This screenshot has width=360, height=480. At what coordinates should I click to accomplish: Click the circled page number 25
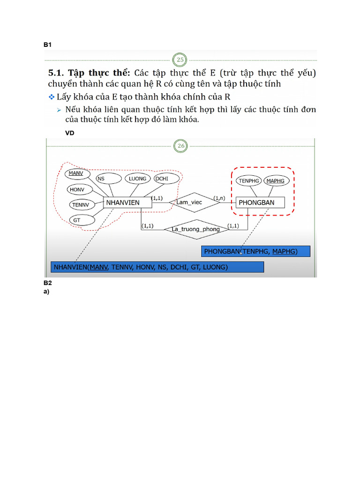180,60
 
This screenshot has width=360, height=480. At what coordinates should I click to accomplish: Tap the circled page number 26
180,146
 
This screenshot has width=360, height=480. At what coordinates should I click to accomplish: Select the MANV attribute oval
75,173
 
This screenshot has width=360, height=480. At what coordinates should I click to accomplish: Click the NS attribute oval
101,179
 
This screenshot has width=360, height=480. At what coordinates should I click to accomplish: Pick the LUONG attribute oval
138,179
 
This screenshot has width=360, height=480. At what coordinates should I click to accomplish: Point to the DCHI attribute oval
161,179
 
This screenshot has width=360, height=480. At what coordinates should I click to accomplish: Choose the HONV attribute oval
76,189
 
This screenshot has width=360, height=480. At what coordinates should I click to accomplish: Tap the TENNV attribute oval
81,204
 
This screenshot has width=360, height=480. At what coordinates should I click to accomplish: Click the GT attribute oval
77,219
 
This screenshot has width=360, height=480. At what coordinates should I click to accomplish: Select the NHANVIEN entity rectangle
127,202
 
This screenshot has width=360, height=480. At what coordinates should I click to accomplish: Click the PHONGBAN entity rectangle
260,202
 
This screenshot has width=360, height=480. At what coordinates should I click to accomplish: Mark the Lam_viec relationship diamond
189,202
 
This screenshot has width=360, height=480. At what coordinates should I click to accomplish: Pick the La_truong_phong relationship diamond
195,229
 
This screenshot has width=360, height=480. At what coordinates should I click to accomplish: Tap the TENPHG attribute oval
248,180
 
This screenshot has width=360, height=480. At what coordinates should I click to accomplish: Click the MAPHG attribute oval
275,180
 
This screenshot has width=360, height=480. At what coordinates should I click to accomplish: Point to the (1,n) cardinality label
220,198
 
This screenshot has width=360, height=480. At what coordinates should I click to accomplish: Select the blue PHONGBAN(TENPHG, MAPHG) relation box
256,252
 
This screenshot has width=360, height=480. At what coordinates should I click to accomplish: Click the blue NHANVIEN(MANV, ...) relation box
157,267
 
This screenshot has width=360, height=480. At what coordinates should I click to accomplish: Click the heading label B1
47,45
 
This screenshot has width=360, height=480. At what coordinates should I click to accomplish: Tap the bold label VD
70,133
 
